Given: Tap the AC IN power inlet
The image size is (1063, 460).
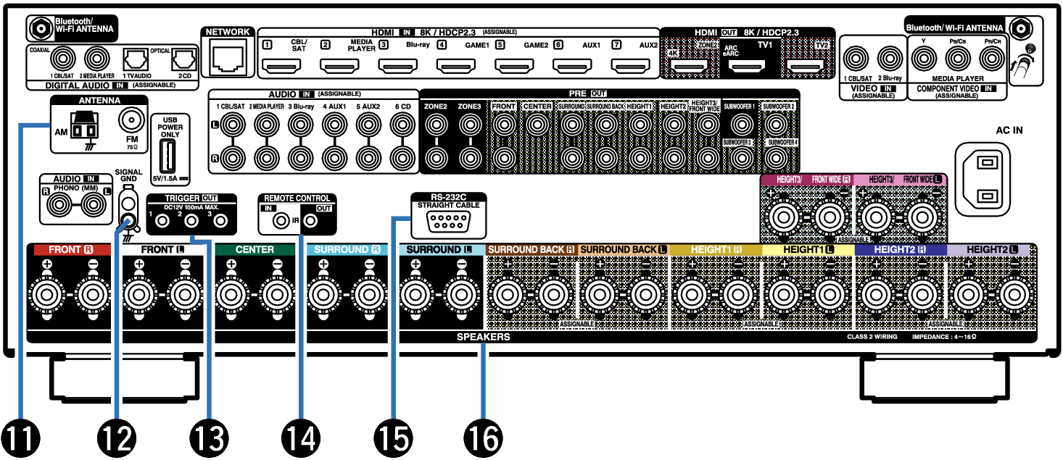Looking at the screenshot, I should (983, 178).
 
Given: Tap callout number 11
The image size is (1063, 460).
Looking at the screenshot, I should (20, 438).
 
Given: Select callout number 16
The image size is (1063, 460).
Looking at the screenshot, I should (483, 438).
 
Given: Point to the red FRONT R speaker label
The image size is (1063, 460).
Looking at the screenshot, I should (70, 250).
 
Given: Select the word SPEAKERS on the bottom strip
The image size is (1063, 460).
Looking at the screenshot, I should (483, 338).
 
